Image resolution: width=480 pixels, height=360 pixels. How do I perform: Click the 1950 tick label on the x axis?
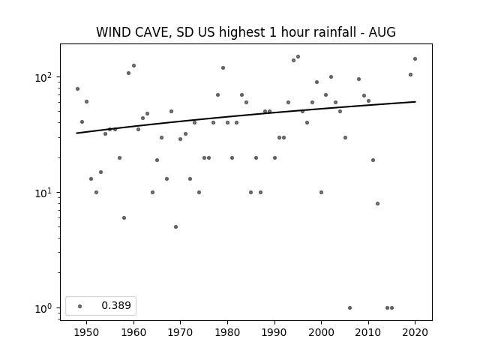click(x=87, y=332)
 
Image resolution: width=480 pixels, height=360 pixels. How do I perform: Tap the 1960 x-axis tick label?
click(x=133, y=332)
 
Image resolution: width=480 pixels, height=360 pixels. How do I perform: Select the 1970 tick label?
click(x=180, y=332)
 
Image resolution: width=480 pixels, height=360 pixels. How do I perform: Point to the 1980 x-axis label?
click(x=227, y=332)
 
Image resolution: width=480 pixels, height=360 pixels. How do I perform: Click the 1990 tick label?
click(x=274, y=332)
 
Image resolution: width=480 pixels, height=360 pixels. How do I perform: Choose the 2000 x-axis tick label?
click(x=321, y=332)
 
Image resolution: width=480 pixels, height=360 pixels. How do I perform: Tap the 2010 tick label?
click(x=368, y=332)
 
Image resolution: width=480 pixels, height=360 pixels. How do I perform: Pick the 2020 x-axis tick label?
click(x=415, y=332)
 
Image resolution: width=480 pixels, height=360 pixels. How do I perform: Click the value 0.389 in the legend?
click(x=116, y=305)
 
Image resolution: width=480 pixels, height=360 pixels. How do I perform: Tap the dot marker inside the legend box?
click(x=80, y=306)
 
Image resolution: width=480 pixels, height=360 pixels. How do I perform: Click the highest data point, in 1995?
click(x=298, y=57)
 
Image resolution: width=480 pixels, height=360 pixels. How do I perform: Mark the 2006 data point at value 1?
click(x=349, y=308)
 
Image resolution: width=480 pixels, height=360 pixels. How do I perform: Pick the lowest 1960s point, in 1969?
click(x=175, y=226)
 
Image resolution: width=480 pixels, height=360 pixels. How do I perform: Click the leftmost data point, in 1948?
click(x=77, y=88)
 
